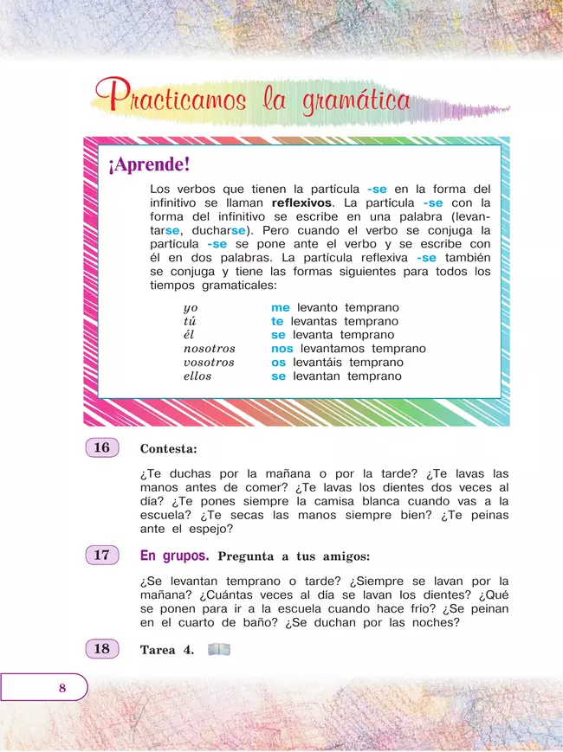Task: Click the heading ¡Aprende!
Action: [x=148, y=164]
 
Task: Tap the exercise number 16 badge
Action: [x=102, y=448]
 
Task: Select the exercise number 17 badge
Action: [x=102, y=556]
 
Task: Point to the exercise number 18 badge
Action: [x=102, y=649]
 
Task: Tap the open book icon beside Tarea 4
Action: [x=220, y=649]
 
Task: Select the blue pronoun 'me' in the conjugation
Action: [x=280, y=307]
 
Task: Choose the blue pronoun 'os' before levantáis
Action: [x=278, y=363]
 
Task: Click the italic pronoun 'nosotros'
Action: [x=209, y=349]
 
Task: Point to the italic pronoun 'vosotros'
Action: [x=209, y=363]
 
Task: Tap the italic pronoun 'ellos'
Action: [x=197, y=376]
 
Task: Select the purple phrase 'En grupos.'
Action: [x=174, y=556]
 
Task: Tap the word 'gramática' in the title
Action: [x=357, y=101]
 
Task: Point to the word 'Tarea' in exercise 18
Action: [x=159, y=650]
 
